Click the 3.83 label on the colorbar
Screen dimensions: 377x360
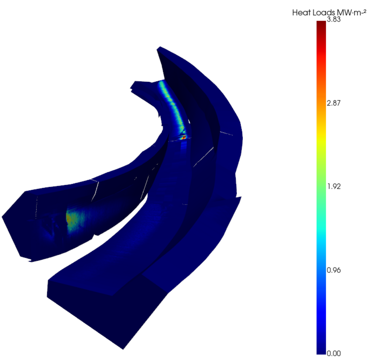[x=333, y=19]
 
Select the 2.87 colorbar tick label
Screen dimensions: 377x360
[x=333, y=103]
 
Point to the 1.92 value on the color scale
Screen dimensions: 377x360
[x=333, y=186]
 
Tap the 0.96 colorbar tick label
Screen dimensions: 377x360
[x=333, y=270]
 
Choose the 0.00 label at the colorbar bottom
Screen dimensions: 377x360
[x=333, y=353]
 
